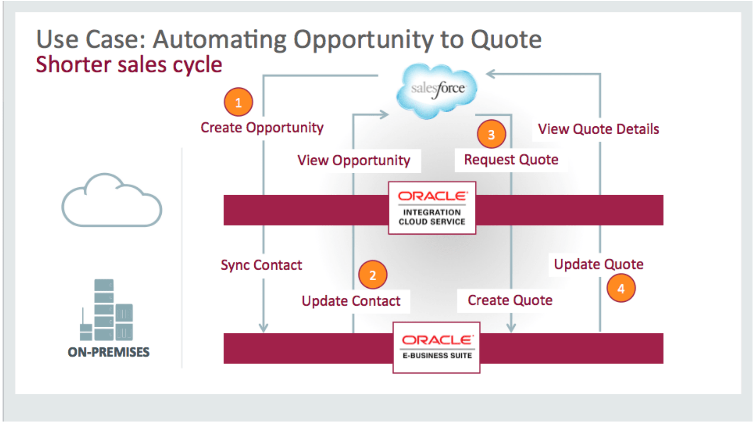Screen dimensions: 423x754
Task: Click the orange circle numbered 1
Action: click(x=238, y=102)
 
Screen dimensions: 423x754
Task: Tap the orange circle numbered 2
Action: click(x=373, y=275)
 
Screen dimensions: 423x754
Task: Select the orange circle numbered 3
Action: click(x=491, y=134)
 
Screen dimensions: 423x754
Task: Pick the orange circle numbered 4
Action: click(x=621, y=288)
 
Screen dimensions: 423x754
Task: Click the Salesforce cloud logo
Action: click(x=437, y=90)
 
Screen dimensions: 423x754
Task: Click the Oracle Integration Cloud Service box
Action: click(x=432, y=208)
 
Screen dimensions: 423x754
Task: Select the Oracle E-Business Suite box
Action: click(x=436, y=348)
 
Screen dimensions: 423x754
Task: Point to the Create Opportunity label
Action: click(x=262, y=128)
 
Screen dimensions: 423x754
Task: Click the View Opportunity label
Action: click(x=354, y=161)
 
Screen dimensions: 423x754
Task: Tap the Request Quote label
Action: click(x=511, y=160)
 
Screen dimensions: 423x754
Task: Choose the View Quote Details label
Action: click(x=598, y=129)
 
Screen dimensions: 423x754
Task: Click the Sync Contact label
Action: click(x=261, y=265)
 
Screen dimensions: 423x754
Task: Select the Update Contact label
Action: click(x=351, y=301)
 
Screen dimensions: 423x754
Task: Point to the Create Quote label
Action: click(x=510, y=300)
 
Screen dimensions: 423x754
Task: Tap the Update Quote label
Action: click(x=598, y=264)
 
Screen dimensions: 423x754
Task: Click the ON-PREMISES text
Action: click(x=109, y=352)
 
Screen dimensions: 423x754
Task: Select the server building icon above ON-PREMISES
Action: click(x=106, y=310)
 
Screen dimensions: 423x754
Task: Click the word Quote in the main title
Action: click(x=506, y=39)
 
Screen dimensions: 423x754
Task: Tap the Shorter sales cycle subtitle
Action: click(x=129, y=65)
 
